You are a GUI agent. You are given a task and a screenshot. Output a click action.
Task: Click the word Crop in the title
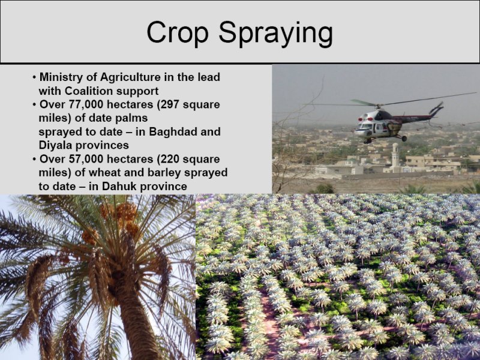(x=178, y=33)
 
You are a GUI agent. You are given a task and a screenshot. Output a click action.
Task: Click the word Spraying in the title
(x=275, y=34)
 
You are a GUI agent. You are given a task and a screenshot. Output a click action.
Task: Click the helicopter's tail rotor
(x=437, y=108)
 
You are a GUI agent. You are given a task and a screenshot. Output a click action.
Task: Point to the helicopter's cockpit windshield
(x=366, y=126)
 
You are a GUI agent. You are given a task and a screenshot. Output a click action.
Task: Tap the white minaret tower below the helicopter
(x=395, y=155)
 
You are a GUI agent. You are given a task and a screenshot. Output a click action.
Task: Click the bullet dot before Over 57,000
(x=35, y=160)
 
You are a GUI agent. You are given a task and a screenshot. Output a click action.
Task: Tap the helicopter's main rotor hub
(x=379, y=106)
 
